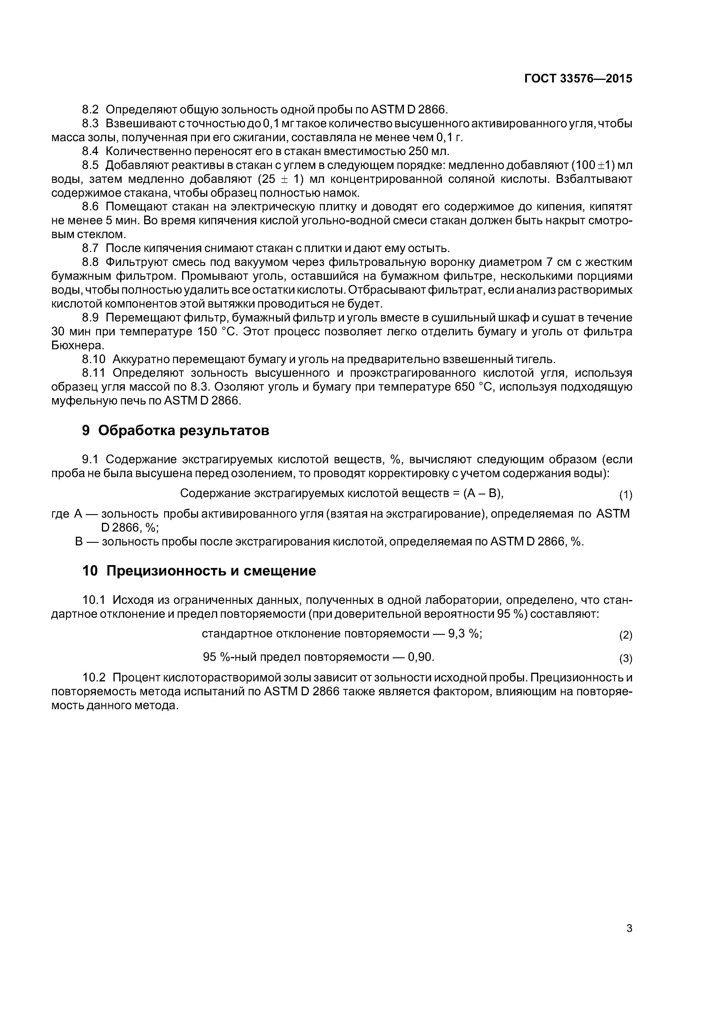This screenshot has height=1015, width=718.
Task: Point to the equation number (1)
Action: [x=626, y=495]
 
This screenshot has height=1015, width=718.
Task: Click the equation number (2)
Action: [x=626, y=636]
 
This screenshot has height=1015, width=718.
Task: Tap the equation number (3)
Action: [x=626, y=659]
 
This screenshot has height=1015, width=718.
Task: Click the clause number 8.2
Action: [x=91, y=109]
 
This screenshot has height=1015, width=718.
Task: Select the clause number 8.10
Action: [x=94, y=359]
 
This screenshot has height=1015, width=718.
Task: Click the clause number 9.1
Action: [x=91, y=459]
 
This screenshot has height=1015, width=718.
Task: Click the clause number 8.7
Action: [x=91, y=248]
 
